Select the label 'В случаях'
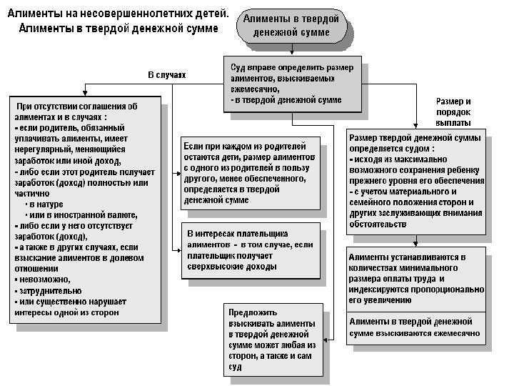(x=166, y=74)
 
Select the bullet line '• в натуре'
(x=44, y=204)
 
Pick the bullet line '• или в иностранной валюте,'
(x=81, y=214)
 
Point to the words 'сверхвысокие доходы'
(x=231, y=266)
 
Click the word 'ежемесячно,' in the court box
(x=255, y=90)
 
